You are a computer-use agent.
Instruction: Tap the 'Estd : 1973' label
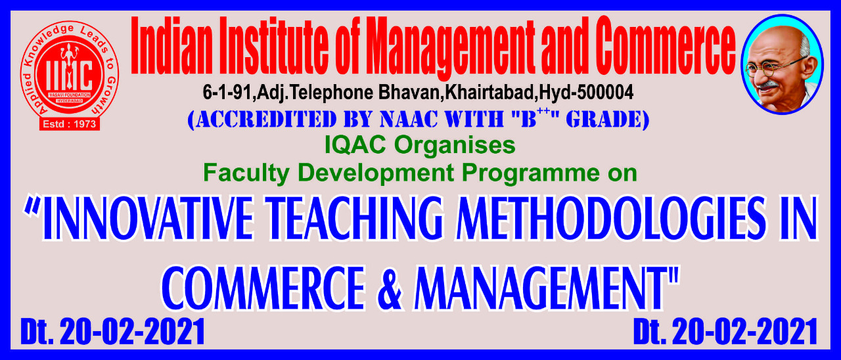point(70,124)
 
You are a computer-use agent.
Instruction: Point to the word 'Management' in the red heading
point(451,49)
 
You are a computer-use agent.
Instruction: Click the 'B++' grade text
point(535,119)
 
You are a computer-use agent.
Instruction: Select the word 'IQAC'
point(355,145)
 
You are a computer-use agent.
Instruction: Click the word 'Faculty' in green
point(246,173)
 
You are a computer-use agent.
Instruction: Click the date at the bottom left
point(112,332)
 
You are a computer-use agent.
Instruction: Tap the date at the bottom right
point(725,332)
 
